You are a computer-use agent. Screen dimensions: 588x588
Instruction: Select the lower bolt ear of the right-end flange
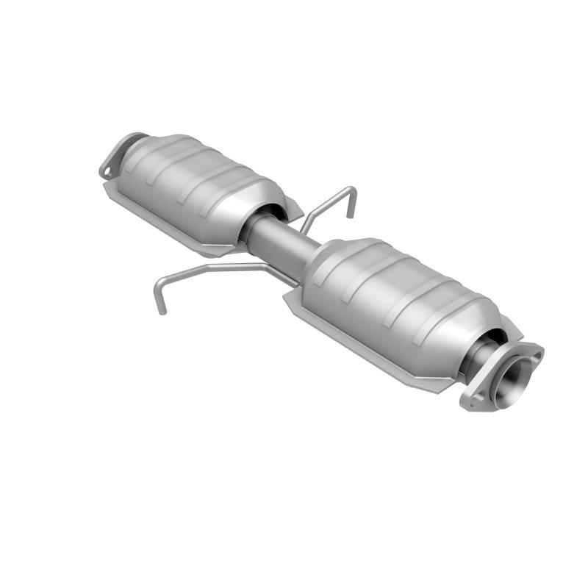(x=472, y=401)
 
